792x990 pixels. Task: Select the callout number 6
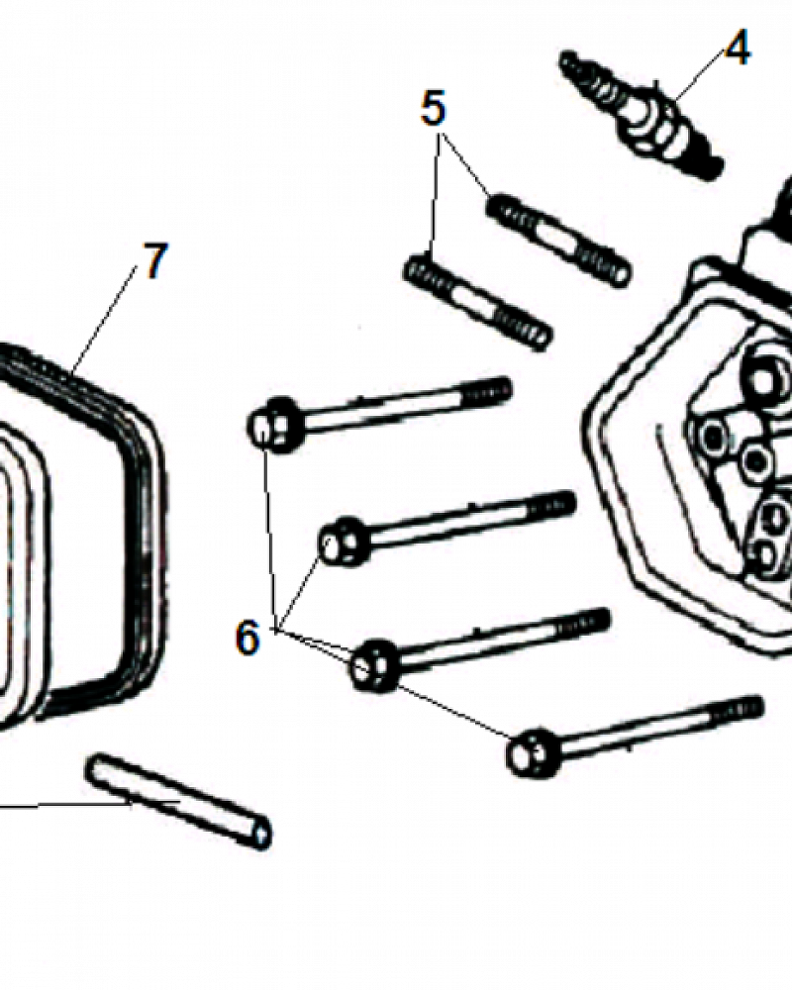[247, 637]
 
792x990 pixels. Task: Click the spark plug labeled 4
[642, 116]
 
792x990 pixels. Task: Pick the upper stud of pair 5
[559, 240]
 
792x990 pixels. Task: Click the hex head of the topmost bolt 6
[274, 425]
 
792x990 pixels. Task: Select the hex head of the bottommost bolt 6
[533, 751]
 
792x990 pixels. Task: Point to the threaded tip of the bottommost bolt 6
[744, 709]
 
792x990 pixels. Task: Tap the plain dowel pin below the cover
[179, 801]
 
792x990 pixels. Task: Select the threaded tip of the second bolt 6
[554, 504]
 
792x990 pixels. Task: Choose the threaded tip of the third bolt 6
[589, 622]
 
